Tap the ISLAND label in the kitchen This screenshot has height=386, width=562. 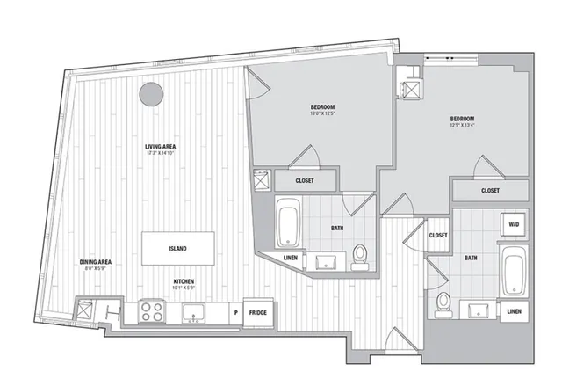point(177,248)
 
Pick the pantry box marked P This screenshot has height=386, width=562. point(235,312)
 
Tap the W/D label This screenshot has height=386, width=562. point(513,225)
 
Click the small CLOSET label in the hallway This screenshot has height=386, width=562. point(439,236)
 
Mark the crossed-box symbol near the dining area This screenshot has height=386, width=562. point(85,310)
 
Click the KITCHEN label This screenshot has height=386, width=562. point(184,283)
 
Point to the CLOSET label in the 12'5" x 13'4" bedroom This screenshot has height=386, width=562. point(490,190)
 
